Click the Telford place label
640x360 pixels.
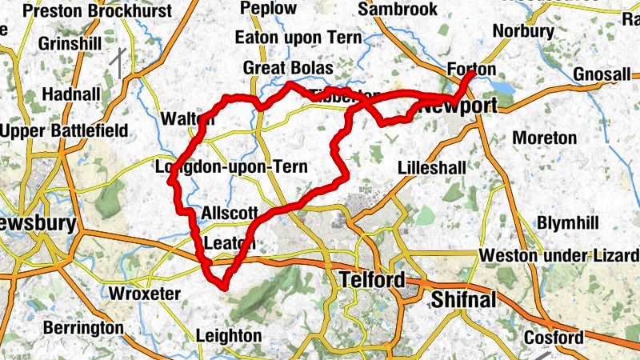[372, 281]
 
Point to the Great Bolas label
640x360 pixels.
[287, 67]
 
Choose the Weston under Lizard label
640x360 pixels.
[559, 255]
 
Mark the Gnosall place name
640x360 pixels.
[602, 74]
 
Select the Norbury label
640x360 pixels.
[524, 31]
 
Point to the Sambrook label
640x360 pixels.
[398, 9]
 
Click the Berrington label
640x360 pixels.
[83, 328]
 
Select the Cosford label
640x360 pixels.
[554, 338]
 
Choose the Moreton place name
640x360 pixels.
[544, 138]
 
